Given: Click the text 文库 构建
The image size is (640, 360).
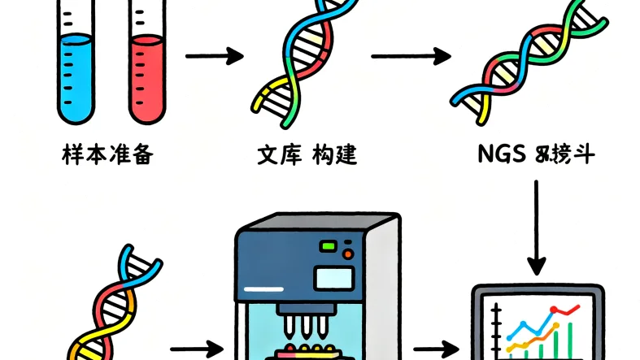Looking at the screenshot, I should point(307,154).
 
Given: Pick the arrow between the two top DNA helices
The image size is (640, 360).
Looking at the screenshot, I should point(411,56).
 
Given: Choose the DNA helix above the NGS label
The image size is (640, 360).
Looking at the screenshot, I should point(529,61).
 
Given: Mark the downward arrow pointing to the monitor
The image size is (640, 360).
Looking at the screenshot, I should point(536,228).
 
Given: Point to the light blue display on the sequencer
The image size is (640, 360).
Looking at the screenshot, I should point(335,276).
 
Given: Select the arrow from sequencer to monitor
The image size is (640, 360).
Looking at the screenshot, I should point(439,349).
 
